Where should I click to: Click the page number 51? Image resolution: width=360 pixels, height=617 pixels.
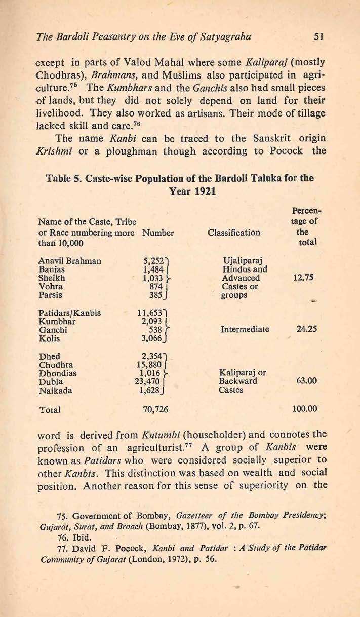click(x=318, y=36)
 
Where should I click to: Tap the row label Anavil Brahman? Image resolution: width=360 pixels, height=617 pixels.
click(x=69, y=261)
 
